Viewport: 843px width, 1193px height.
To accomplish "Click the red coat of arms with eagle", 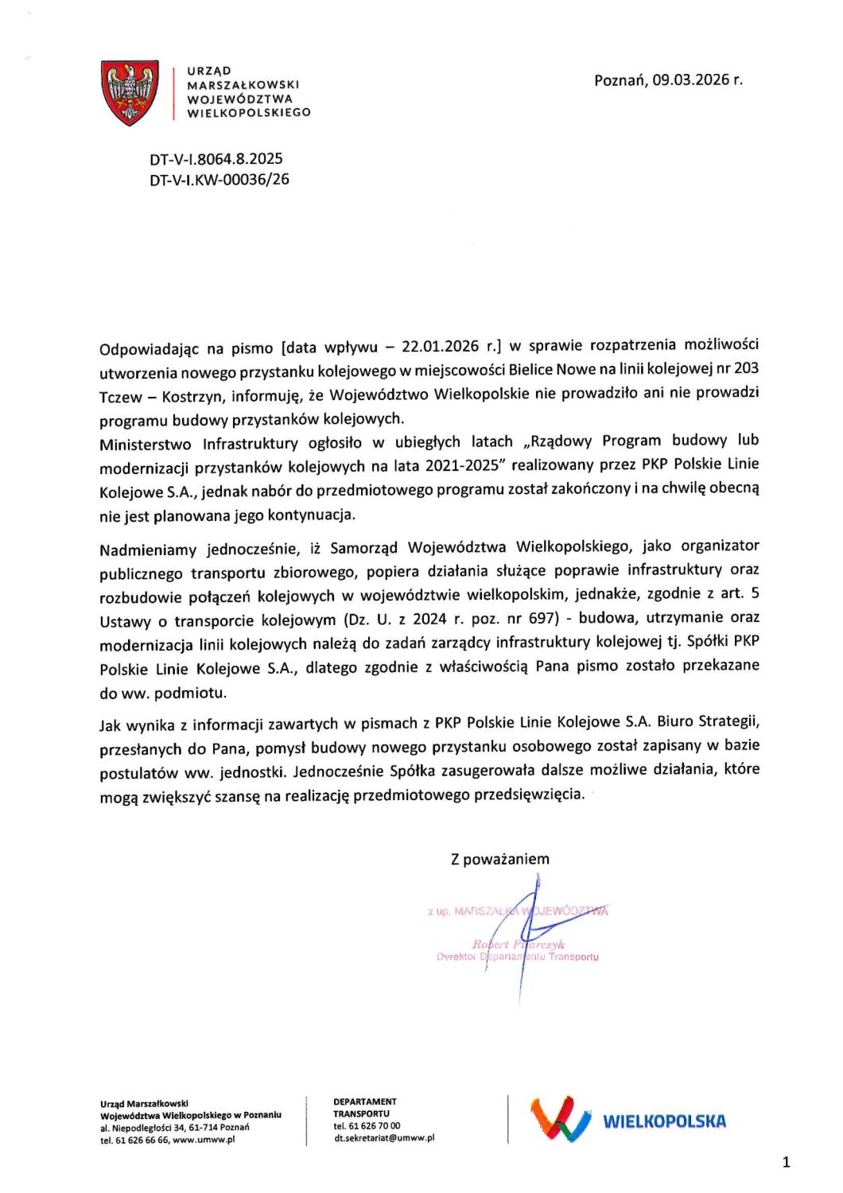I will pyautogui.click(x=130, y=94).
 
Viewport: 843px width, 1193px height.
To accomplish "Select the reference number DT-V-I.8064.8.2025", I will pyautogui.click(x=216, y=159).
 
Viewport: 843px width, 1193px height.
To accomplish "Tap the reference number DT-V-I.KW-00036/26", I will pyautogui.click(x=219, y=180).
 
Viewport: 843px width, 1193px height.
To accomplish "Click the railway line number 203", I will pyautogui.click(x=747, y=368).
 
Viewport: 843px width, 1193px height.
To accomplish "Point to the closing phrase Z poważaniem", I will pyautogui.click(x=499, y=859).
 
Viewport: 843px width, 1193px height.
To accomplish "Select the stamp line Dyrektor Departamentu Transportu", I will pyautogui.click(x=517, y=958).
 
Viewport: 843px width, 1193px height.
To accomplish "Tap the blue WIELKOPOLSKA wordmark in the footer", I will pyautogui.click(x=665, y=1122).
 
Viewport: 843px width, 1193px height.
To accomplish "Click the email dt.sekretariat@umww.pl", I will pyautogui.click(x=385, y=1138).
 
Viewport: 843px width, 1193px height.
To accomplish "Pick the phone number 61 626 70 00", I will pyautogui.click(x=372, y=1126).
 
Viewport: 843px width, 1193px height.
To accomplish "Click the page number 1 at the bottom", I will pyautogui.click(x=787, y=1164).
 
